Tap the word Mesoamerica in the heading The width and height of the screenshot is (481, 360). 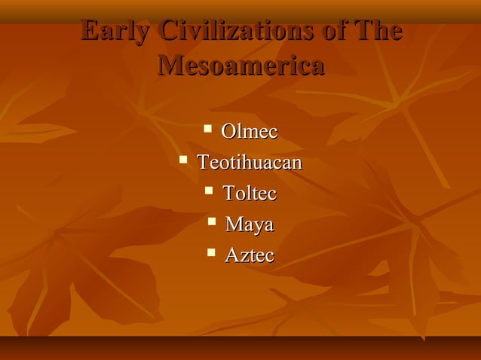[x=241, y=66]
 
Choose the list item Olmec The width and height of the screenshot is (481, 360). [x=249, y=132]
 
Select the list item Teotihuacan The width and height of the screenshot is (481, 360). [x=250, y=163]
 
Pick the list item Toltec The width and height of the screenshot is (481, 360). [x=250, y=194]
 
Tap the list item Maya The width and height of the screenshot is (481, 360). [x=250, y=224]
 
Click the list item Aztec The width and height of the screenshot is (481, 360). [x=250, y=255]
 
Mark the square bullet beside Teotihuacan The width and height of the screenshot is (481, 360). [x=183, y=160]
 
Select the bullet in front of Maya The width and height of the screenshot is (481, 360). [x=212, y=221]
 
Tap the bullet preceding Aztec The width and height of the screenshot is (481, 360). [x=212, y=252]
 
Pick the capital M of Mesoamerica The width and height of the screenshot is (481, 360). [x=171, y=66]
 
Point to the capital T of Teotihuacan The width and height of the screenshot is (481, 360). [x=204, y=163]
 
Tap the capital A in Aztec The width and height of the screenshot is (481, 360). [x=232, y=255]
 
